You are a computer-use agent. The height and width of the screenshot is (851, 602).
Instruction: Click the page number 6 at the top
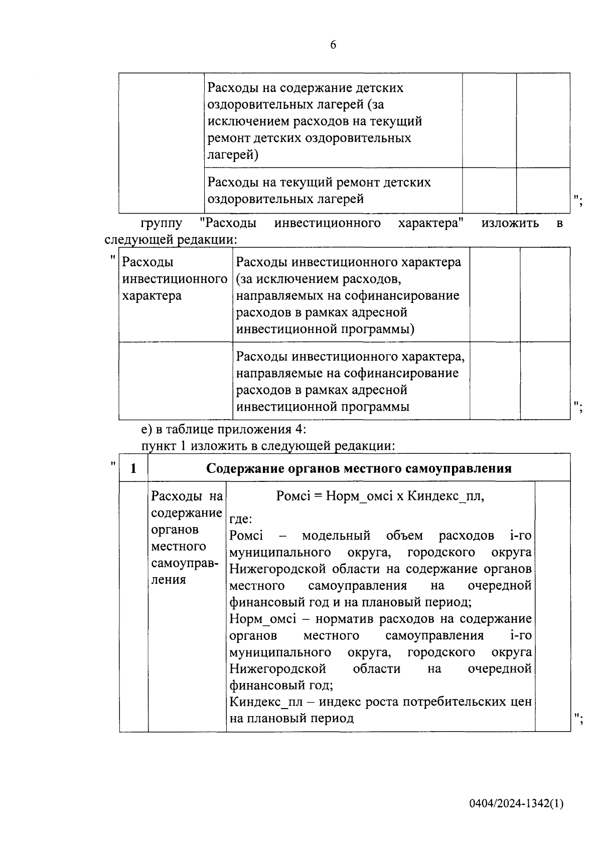[x=333, y=45]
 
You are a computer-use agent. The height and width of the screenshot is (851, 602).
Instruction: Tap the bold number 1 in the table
[x=133, y=468]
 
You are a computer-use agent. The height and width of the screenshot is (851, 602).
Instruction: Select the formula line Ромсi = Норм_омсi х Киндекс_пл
[x=380, y=496]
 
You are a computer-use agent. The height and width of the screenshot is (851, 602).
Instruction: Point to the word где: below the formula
[x=241, y=519]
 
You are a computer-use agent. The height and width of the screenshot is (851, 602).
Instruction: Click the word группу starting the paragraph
[x=162, y=223]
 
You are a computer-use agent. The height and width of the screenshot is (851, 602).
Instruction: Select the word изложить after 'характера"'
[x=510, y=223]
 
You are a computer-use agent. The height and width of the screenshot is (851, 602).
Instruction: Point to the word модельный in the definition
[x=336, y=536]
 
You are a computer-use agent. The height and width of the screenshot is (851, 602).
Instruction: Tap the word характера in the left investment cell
[x=152, y=296]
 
